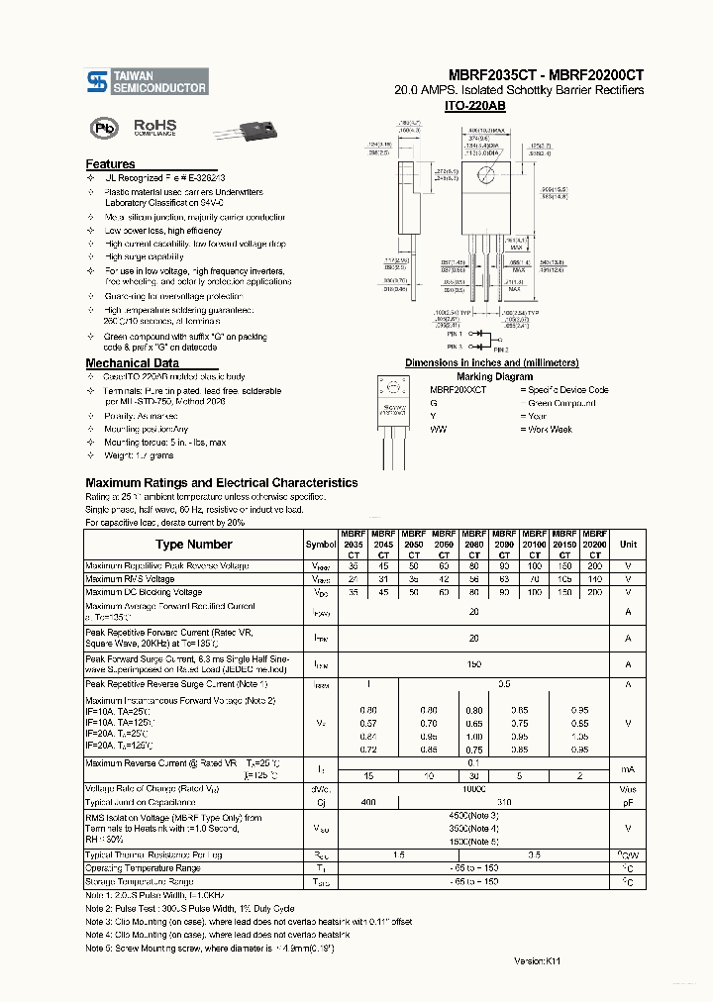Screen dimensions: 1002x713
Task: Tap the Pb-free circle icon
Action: coord(102,129)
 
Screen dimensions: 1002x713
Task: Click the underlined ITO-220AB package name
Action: coord(477,105)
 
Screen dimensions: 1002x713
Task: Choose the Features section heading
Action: coord(110,164)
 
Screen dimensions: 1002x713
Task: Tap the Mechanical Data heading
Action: coord(132,363)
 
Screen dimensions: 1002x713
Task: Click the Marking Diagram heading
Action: coord(494,376)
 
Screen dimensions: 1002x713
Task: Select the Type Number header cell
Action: coord(194,545)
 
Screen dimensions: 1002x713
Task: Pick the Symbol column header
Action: coord(321,545)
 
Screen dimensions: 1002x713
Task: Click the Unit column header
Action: coord(628,545)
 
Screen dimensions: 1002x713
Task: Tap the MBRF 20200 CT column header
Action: coord(594,544)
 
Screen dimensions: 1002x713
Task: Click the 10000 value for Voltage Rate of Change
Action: coord(474,789)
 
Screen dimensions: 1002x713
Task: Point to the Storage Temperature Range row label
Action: coord(140,881)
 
